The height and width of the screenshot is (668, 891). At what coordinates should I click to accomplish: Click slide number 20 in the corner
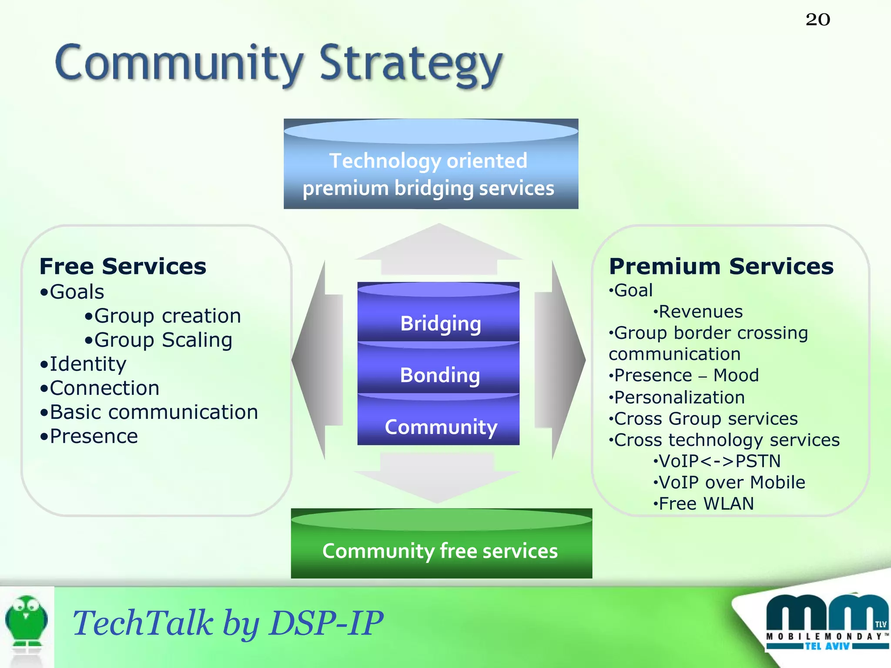[817, 20]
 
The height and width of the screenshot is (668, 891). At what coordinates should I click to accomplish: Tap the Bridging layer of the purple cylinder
[440, 323]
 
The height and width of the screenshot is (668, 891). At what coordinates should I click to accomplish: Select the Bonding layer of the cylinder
[439, 374]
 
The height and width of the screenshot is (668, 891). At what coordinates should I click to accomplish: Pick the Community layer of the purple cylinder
[440, 426]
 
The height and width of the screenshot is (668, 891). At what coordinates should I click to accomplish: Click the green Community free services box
[441, 550]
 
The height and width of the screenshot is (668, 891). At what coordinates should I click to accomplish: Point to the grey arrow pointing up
[439, 250]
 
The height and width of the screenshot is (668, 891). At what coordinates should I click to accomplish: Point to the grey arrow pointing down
[437, 478]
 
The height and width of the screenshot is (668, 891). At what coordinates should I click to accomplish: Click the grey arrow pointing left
[318, 360]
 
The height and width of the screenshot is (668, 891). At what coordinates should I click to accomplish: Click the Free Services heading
[123, 266]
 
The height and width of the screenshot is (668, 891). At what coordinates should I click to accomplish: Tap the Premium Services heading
[721, 266]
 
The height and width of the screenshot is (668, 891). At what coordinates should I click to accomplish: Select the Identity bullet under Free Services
[87, 364]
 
